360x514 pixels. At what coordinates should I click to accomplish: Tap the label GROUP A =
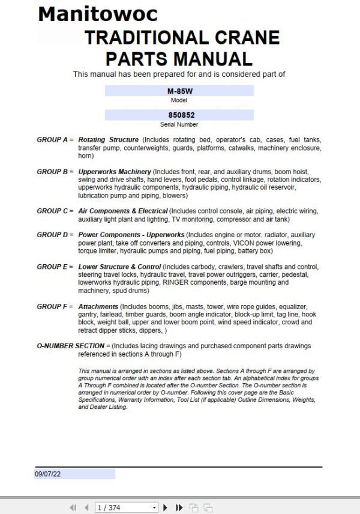(x=55, y=140)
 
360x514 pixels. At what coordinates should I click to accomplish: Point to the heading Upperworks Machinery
(x=114, y=172)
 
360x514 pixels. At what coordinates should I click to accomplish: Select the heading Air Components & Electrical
(x=123, y=211)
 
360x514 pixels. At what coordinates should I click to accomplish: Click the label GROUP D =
(x=55, y=235)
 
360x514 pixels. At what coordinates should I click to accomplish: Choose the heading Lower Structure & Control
(x=120, y=267)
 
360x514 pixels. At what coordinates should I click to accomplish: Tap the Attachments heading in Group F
(x=98, y=306)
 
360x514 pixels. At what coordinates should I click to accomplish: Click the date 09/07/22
(x=48, y=474)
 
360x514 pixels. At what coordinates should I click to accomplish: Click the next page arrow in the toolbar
(x=166, y=507)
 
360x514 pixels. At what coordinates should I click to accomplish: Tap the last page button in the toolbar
(x=179, y=507)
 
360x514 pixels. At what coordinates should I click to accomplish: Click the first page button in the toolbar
(x=73, y=507)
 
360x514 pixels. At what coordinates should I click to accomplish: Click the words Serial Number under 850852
(x=179, y=124)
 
